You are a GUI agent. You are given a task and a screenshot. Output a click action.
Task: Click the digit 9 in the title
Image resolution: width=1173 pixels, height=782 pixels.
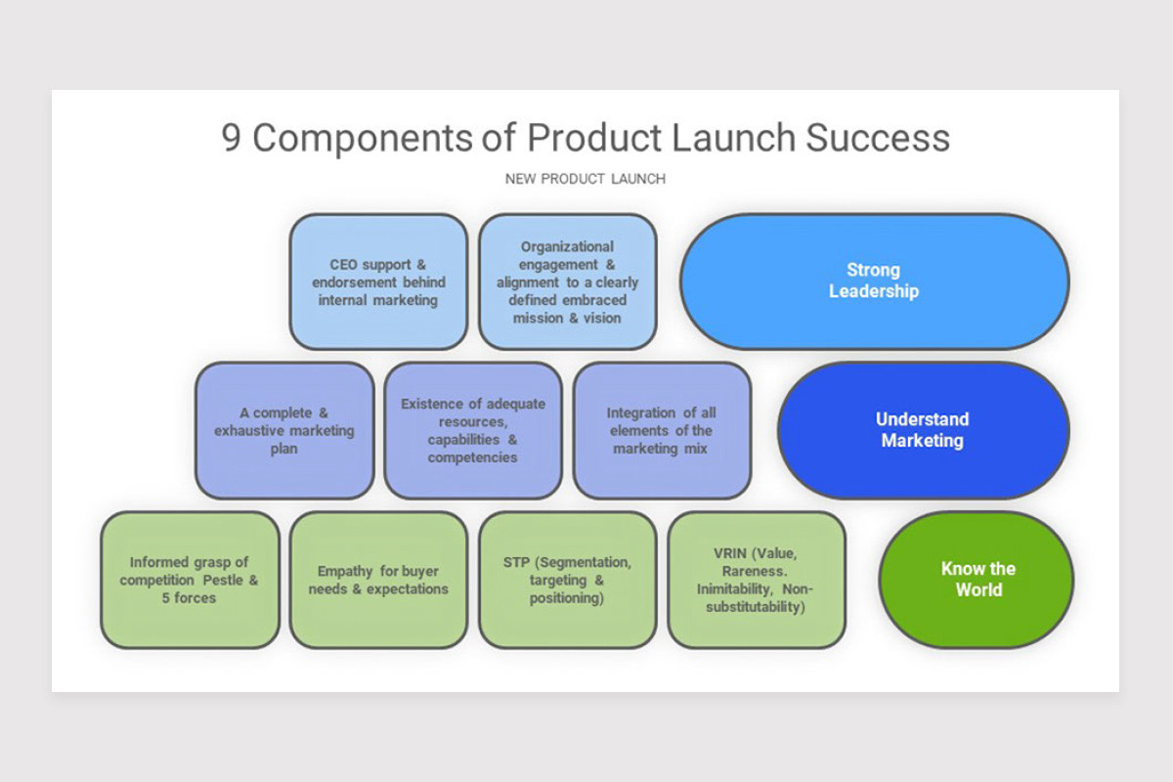232,138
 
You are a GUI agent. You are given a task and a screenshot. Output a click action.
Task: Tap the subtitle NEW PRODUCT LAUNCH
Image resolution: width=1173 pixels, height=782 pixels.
586,179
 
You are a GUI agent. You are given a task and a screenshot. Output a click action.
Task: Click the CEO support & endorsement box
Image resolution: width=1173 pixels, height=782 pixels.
378,282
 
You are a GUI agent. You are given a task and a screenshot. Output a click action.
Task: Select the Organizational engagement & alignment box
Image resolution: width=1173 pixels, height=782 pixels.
567,282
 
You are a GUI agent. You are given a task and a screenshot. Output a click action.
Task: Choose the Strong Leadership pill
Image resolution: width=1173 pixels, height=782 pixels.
874,282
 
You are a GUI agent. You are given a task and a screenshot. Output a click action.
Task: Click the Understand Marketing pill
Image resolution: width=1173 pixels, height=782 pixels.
923,430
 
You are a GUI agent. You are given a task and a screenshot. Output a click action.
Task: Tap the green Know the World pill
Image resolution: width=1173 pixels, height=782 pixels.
977,579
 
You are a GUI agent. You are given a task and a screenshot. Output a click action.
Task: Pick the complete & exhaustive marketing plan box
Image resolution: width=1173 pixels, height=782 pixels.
284,430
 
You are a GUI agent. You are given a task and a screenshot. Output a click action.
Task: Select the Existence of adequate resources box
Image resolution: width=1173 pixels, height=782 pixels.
473,430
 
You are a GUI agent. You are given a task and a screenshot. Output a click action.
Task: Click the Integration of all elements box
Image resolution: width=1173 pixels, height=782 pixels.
662,430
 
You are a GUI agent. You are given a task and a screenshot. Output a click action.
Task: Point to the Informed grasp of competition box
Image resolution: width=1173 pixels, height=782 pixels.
190,579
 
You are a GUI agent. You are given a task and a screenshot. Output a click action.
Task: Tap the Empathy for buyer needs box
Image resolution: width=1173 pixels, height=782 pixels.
378,579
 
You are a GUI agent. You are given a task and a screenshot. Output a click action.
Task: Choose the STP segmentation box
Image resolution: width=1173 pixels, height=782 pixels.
567,579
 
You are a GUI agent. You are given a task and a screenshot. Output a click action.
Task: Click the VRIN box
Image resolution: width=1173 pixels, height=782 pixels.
756,579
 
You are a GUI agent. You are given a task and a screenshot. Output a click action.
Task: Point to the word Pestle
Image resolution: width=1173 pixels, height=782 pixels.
222,581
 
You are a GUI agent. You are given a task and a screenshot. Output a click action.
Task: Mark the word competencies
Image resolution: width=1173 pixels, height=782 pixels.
472,457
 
